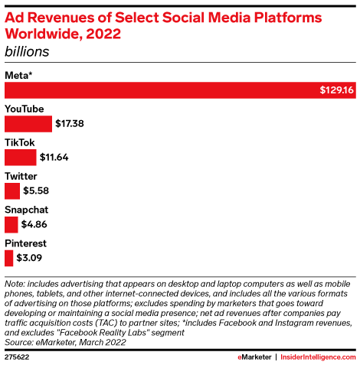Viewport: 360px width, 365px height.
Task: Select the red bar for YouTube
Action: pos(28,124)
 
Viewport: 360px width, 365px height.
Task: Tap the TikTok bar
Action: pos(21,158)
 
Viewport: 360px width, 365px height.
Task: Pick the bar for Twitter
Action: pos(12,191)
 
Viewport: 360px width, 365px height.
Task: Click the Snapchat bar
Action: pos(11,225)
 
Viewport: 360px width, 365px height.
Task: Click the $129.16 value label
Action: pos(336,90)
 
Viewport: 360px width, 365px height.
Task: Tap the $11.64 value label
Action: pos(54,158)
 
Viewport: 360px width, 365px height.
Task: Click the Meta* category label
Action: pos(21,74)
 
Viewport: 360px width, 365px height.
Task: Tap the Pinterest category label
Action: pos(27,243)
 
